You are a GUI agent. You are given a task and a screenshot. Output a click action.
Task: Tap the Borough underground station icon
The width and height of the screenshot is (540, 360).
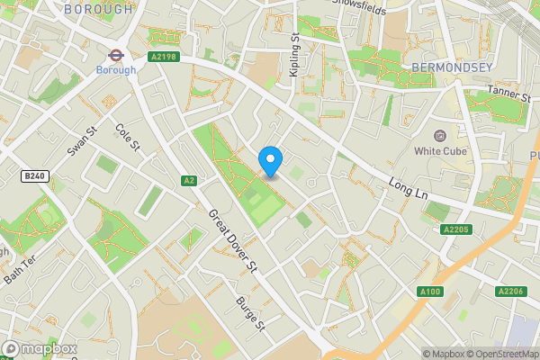[x=116, y=52]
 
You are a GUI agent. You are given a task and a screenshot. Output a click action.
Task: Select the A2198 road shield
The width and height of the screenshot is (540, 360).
[x=163, y=58]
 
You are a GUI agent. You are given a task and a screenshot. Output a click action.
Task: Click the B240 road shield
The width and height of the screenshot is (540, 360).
[x=34, y=177]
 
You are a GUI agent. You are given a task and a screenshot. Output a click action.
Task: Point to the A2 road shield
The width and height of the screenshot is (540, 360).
[x=188, y=180]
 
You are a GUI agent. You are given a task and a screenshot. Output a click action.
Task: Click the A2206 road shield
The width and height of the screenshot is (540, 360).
[x=509, y=291]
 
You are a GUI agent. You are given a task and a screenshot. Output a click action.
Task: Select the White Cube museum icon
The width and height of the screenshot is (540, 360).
[x=439, y=135]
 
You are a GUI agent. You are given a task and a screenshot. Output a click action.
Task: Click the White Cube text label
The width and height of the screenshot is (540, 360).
[x=439, y=151]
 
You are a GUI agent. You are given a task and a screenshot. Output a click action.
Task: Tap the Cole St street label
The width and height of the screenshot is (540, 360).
[x=129, y=138]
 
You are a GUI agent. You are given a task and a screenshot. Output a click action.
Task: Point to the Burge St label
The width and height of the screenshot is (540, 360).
[x=249, y=312]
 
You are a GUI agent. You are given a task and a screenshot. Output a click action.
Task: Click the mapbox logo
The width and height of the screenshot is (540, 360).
[x=40, y=348]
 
